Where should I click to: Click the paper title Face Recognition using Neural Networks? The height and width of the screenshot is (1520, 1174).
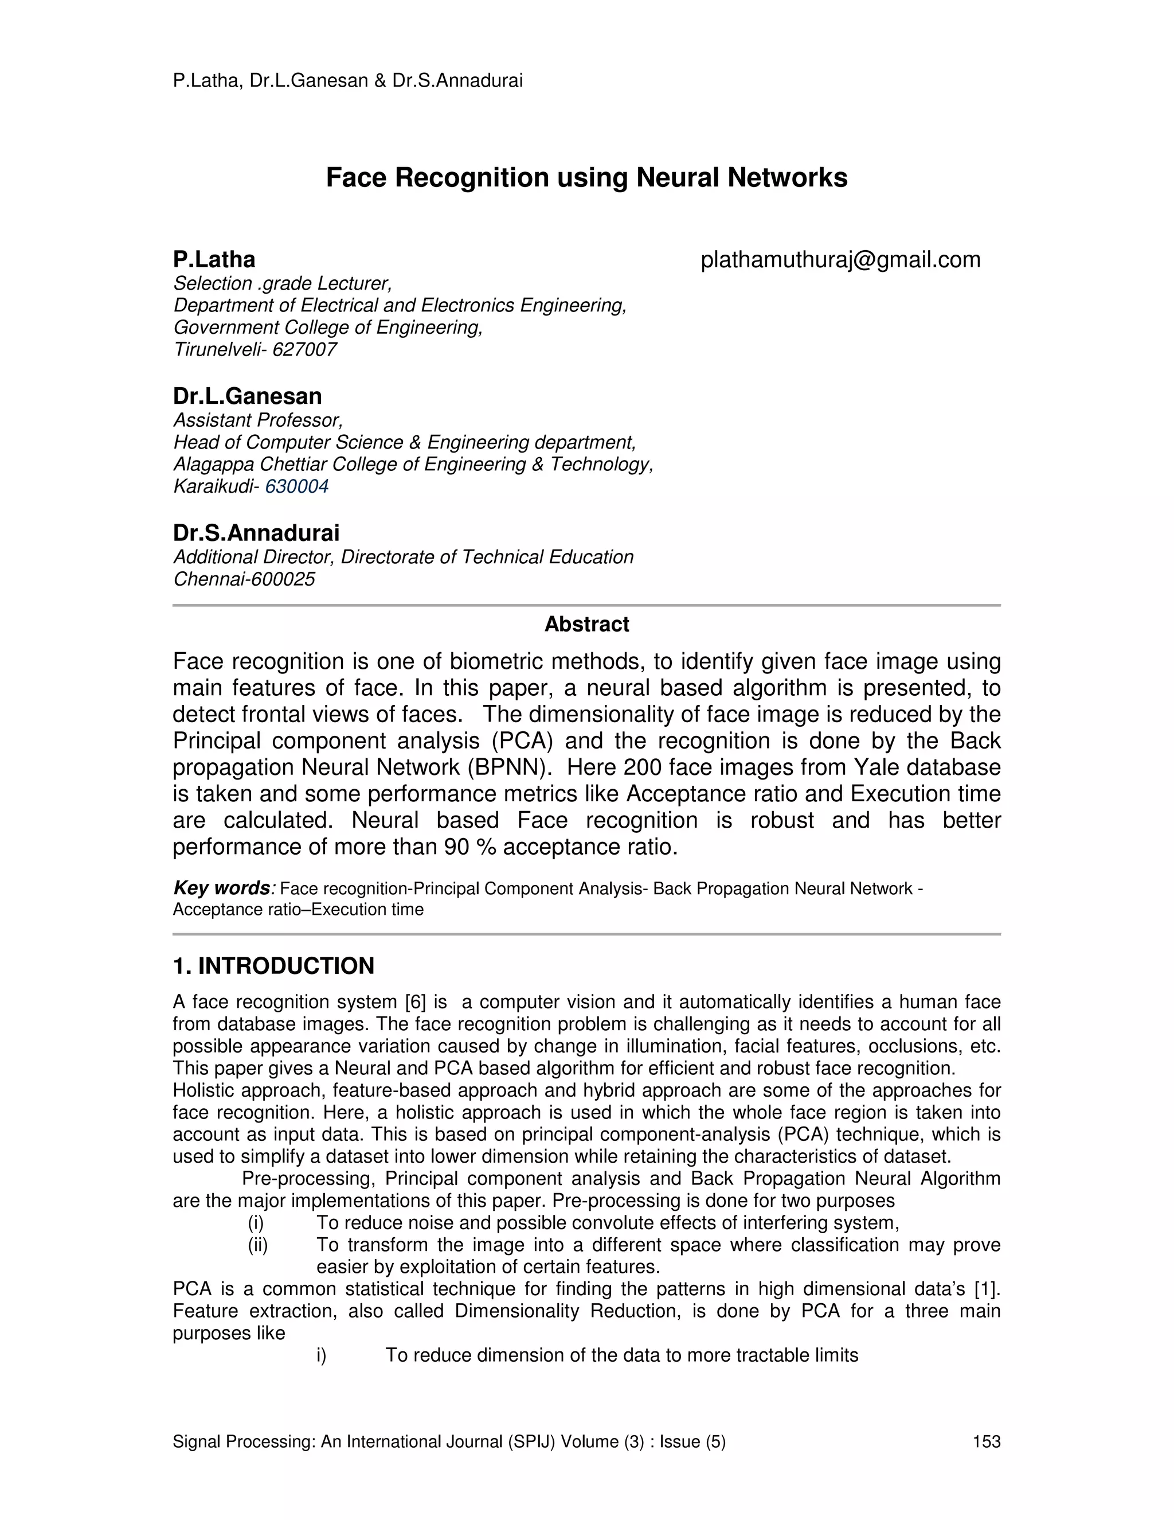click(x=586, y=178)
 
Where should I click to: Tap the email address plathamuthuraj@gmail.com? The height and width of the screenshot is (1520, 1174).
click(x=840, y=260)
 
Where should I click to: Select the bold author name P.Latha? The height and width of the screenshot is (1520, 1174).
click(x=214, y=260)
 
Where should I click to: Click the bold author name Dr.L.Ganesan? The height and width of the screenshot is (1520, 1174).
click(x=247, y=396)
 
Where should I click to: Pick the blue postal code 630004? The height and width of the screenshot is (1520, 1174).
click(x=297, y=486)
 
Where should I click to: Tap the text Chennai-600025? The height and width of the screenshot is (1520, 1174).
click(x=244, y=579)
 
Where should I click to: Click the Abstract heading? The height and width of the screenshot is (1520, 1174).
click(x=586, y=624)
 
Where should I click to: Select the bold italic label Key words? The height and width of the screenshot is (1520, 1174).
click(x=221, y=888)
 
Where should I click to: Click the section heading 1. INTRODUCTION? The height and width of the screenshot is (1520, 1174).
click(x=273, y=966)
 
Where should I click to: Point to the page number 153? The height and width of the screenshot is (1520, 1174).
click(x=986, y=1442)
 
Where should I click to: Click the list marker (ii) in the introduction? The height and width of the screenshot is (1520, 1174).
click(x=257, y=1245)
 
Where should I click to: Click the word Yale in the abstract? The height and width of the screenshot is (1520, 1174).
click(x=876, y=767)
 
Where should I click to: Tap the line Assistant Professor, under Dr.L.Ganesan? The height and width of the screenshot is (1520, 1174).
click(x=258, y=420)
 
